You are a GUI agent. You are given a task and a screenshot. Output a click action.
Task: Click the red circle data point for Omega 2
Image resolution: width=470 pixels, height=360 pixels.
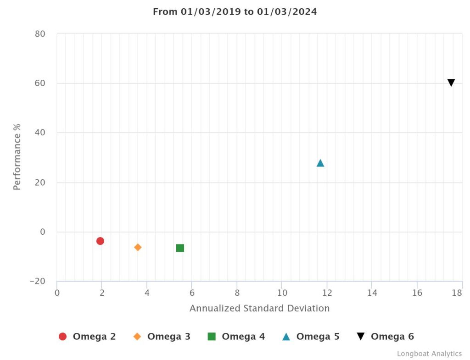click(x=100, y=241)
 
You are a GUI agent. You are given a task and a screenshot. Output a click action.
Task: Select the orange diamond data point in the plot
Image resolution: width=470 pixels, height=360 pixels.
click(x=138, y=247)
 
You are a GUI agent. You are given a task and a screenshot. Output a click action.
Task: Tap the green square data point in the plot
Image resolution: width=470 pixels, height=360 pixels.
click(x=180, y=248)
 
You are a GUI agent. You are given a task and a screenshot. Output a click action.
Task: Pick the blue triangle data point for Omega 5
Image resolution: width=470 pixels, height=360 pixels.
click(x=320, y=163)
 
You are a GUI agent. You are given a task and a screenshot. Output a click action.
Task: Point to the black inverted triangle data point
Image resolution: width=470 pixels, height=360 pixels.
click(x=451, y=83)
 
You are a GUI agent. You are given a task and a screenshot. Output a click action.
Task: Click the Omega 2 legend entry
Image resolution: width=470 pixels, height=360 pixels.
click(x=87, y=337)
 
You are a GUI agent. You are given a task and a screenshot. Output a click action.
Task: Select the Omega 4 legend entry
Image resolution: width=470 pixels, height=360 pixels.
click(x=236, y=337)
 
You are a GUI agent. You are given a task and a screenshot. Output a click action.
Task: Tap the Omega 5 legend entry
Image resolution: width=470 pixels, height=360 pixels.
click(x=311, y=337)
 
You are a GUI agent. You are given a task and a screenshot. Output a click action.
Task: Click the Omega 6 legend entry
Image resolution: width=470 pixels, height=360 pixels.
click(x=386, y=337)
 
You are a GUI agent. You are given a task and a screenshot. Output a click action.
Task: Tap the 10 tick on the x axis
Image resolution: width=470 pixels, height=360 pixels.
click(x=282, y=293)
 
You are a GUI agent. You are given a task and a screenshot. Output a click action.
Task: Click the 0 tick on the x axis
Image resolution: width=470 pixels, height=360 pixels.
click(x=57, y=293)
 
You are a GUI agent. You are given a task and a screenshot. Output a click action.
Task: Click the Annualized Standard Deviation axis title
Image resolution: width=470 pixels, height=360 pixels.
click(x=259, y=308)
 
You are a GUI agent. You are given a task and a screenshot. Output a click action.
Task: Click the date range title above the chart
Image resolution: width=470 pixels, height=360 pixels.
click(x=235, y=12)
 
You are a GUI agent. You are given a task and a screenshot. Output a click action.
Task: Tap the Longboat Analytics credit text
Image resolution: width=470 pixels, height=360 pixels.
click(x=429, y=354)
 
